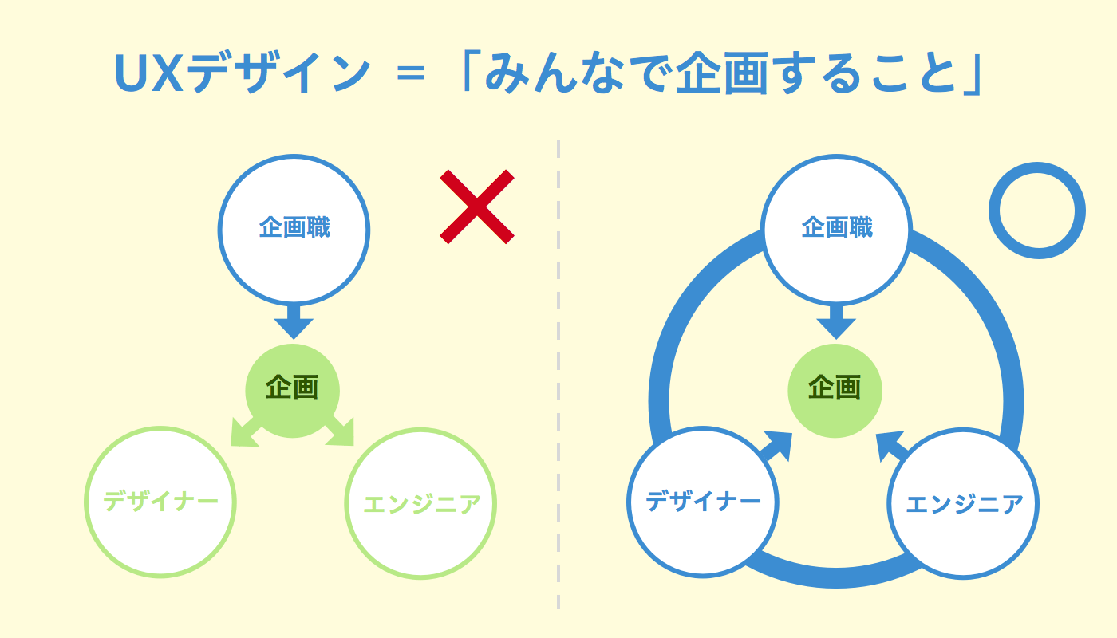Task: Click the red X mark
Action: pyautogui.click(x=477, y=206)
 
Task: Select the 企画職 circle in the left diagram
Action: pyautogui.click(x=294, y=230)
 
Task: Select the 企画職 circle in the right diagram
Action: pyautogui.click(x=836, y=230)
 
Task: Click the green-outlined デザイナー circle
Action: pyautogui.click(x=160, y=502)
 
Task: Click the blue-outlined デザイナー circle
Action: pyautogui.click(x=703, y=502)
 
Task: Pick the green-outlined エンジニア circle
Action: pyautogui.click(x=420, y=503)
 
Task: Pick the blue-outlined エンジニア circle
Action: pyautogui.click(x=963, y=503)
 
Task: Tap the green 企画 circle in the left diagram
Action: pyautogui.click(x=292, y=390)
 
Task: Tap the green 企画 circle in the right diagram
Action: pyautogui.click(x=835, y=390)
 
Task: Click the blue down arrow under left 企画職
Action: pyautogui.click(x=294, y=322)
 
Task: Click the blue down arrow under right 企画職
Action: pyautogui.click(x=836, y=322)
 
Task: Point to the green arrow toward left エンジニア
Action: pyautogui.click(x=341, y=432)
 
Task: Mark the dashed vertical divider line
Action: pyautogui.click(x=558, y=375)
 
